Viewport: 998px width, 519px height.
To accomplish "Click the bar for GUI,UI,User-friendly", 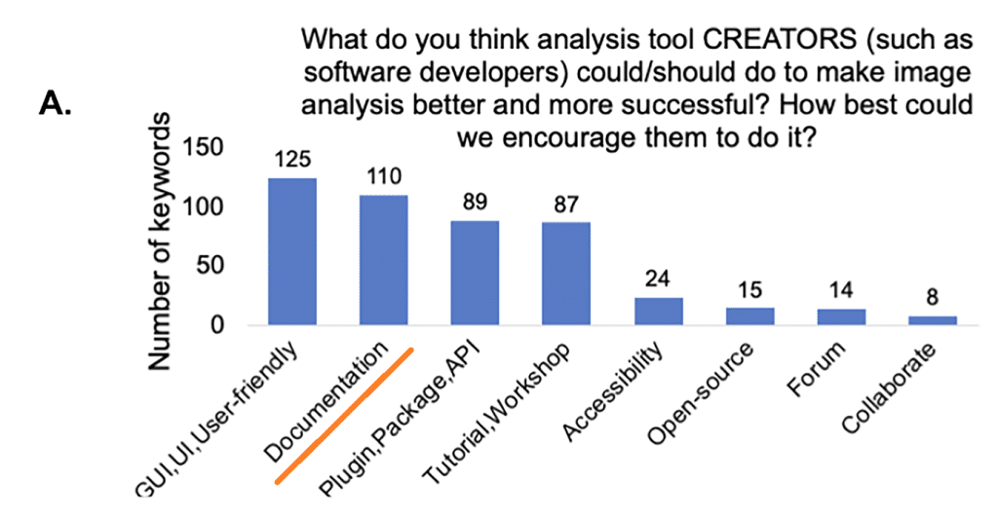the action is tap(292, 252).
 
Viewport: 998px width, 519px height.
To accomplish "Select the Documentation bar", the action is tap(384, 260).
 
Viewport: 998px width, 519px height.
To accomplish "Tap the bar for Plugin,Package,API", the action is tap(475, 273).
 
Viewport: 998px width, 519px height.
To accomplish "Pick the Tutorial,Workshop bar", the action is tap(566, 275).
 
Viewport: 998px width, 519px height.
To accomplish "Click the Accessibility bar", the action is tap(659, 312).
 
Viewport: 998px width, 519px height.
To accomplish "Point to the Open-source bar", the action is tap(750, 316).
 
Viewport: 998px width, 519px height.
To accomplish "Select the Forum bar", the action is tap(841, 317).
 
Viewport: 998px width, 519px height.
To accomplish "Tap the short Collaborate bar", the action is tap(933, 320).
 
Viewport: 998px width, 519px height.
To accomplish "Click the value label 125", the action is tap(292, 159).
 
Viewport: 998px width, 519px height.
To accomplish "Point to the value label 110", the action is tap(384, 176).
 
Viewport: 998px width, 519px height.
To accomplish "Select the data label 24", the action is tap(658, 278).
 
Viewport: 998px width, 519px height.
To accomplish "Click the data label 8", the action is tap(933, 297).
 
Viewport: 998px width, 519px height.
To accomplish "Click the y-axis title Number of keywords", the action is tap(160, 241).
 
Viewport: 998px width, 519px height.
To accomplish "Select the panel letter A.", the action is tap(56, 103).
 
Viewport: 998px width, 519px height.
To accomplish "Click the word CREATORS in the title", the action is tap(781, 39).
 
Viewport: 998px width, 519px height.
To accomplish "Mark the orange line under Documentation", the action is tap(344, 416).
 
